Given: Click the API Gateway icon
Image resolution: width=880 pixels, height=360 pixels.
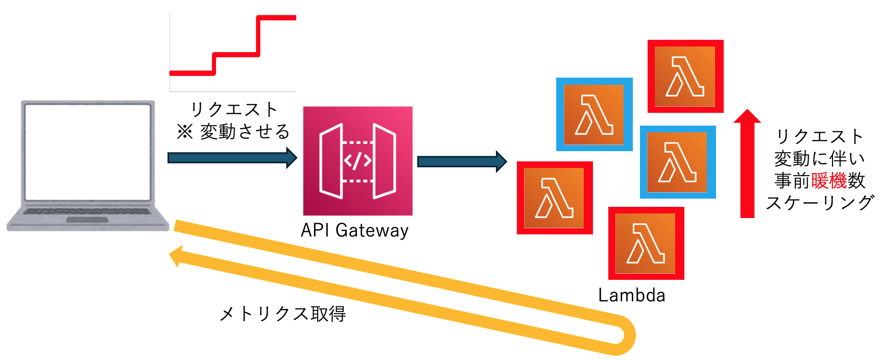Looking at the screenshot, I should click(x=358, y=161).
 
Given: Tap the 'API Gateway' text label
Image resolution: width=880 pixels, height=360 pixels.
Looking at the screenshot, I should click(x=354, y=230).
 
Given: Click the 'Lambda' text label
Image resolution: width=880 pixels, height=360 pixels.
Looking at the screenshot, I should click(x=631, y=295).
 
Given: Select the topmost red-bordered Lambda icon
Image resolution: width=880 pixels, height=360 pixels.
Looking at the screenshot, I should click(x=685, y=76).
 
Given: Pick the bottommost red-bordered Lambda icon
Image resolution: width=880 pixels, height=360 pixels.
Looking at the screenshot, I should click(x=646, y=243).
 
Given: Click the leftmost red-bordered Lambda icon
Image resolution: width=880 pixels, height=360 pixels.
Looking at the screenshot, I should click(x=554, y=198).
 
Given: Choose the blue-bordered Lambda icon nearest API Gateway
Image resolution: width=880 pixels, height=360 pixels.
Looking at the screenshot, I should click(x=594, y=114).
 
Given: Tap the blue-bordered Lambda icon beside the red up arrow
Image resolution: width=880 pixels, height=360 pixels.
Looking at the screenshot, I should click(x=677, y=162).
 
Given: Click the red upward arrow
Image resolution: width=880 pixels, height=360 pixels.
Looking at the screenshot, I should click(x=747, y=163).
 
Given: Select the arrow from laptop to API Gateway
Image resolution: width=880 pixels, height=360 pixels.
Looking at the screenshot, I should click(x=232, y=158).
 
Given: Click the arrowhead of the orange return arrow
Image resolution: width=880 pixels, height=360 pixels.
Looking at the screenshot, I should click(x=176, y=256).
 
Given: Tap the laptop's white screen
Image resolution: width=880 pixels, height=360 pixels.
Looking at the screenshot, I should click(x=88, y=152).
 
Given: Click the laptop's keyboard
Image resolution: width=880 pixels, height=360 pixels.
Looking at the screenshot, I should click(x=88, y=211).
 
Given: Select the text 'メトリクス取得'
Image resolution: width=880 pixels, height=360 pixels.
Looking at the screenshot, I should click(x=282, y=314).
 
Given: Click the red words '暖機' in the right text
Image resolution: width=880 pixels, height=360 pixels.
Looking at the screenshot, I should click(x=829, y=181).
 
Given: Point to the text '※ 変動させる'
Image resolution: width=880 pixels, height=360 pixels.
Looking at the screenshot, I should click(x=233, y=132).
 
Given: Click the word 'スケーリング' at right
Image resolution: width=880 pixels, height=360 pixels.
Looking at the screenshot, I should click(x=819, y=203).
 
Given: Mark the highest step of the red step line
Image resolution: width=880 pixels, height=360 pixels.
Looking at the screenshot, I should click(x=277, y=18).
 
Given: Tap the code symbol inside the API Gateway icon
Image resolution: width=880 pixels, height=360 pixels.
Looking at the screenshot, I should click(x=358, y=161).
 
